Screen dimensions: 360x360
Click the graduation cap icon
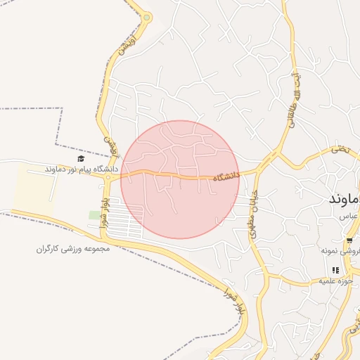coord(81,159)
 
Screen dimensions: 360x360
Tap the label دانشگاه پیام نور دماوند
coord(75,169)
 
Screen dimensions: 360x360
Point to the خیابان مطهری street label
coord(254,214)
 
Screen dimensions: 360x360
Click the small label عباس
coord(345,218)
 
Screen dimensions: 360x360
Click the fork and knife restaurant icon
coord(335,270)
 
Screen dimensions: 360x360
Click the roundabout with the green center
coord(147,18)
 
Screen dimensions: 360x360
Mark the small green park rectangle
coord(94,214)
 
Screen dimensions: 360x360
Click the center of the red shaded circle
coord(180,179)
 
